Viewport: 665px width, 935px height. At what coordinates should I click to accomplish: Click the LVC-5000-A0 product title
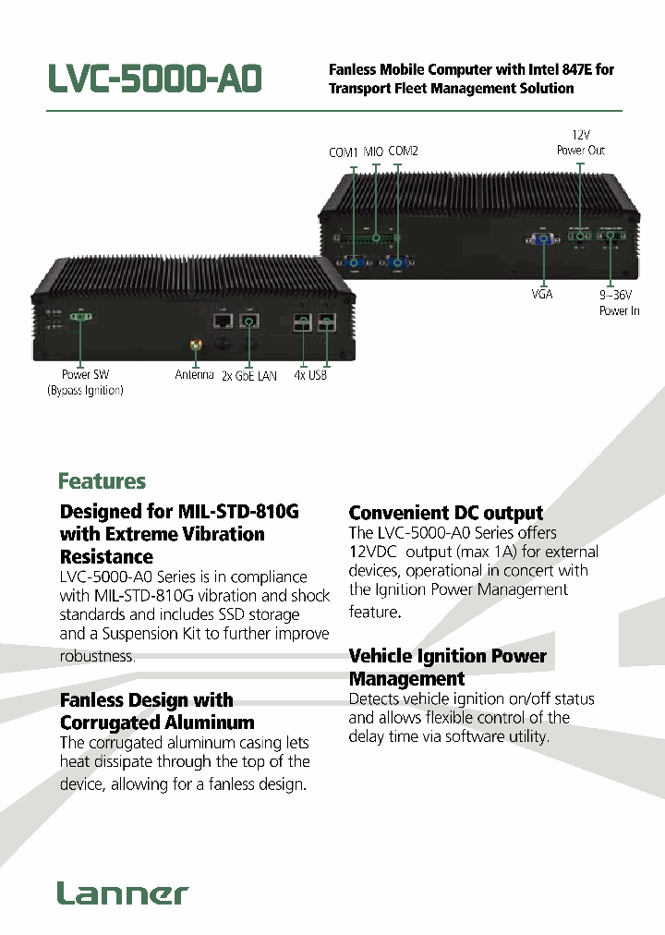pyautogui.click(x=155, y=79)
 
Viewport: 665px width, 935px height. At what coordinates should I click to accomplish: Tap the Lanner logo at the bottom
pyautogui.click(x=122, y=893)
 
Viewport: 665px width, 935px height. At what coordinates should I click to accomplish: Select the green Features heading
pyautogui.click(x=102, y=481)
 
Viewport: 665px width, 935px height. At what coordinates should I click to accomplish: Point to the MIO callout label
pyautogui.click(x=373, y=152)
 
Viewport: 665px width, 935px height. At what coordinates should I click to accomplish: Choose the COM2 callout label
pyautogui.click(x=403, y=151)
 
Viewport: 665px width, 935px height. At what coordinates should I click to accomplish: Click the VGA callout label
pyautogui.click(x=541, y=294)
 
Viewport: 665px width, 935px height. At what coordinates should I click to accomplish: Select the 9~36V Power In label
pyautogui.click(x=619, y=303)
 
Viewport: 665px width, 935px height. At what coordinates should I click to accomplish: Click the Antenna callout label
pyautogui.click(x=194, y=375)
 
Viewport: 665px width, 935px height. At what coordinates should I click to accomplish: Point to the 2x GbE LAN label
pyautogui.click(x=249, y=376)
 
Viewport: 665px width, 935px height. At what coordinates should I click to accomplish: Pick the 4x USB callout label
pyautogui.click(x=310, y=376)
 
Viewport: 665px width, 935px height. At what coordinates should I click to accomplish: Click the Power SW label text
pyautogui.click(x=85, y=375)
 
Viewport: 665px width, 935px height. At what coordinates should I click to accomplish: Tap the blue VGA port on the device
pyautogui.click(x=541, y=240)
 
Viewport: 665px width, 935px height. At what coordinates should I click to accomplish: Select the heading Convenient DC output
pyautogui.click(x=446, y=513)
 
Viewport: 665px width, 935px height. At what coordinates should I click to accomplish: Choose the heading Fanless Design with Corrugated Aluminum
pyautogui.click(x=156, y=711)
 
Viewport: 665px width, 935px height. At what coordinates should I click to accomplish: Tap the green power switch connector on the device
pyautogui.click(x=79, y=317)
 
